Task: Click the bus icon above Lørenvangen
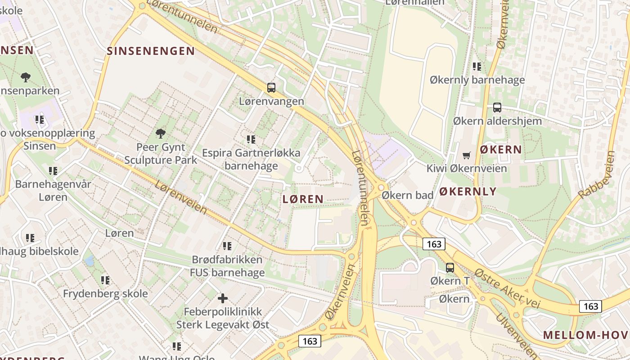coord(271,88)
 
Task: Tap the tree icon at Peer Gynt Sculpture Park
coord(160,133)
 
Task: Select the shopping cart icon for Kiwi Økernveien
coord(467,155)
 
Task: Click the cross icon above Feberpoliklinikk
coord(222,298)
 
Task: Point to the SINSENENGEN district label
coord(151,51)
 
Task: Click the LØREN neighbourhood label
coord(303,199)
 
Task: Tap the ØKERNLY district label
coord(468,191)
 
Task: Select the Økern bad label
coord(407,195)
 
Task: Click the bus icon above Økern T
coord(450,268)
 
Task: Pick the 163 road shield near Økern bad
coord(434,244)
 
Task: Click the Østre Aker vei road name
coord(507,288)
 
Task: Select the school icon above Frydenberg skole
coord(105,280)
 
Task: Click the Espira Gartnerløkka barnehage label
coord(251,159)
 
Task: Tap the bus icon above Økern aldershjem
coord(497,108)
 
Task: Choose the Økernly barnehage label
coord(477,80)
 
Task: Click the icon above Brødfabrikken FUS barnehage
coord(227,246)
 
